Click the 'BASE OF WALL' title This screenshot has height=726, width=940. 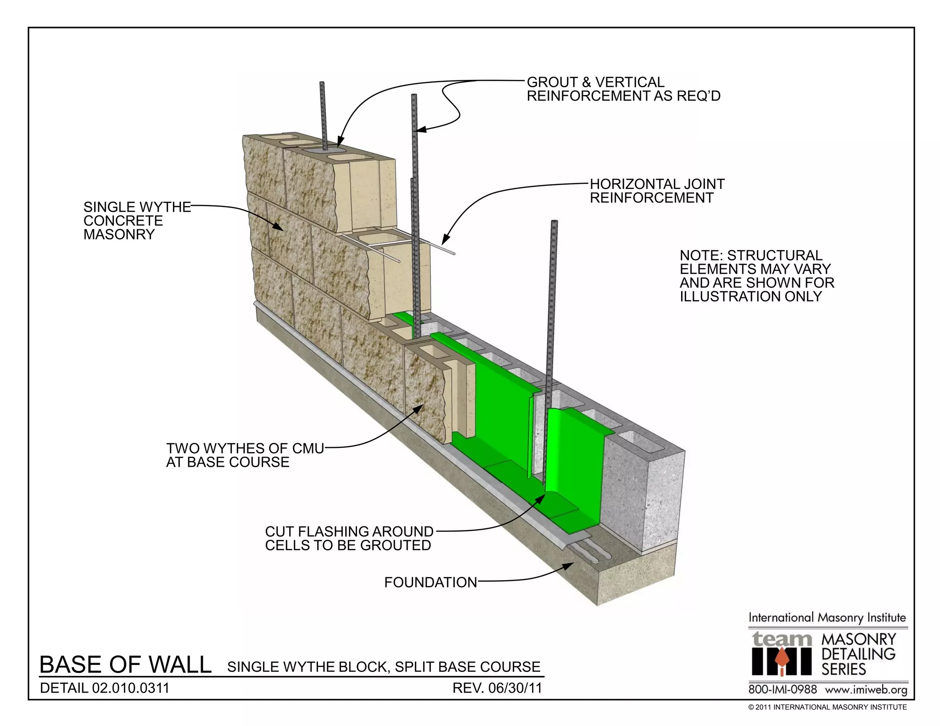pyautogui.click(x=125, y=665)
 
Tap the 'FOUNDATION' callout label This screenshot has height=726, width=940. pyautogui.click(x=431, y=582)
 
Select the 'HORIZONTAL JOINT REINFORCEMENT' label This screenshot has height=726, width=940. pyautogui.click(x=657, y=191)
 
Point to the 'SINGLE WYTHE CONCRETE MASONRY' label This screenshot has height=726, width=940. pyautogui.click(x=137, y=221)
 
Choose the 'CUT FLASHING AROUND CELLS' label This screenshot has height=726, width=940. pyautogui.click(x=349, y=538)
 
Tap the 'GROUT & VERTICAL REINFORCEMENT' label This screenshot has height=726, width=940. pyautogui.click(x=623, y=89)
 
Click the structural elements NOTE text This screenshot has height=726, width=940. pyautogui.click(x=756, y=276)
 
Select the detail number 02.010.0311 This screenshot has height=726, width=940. pyautogui.click(x=105, y=688)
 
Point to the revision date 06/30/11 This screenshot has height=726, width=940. pyautogui.click(x=497, y=688)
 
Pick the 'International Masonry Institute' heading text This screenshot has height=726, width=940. pyautogui.click(x=827, y=618)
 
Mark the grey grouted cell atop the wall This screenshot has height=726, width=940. pyautogui.click(x=324, y=150)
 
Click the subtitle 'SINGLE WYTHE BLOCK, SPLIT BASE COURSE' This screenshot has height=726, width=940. pyautogui.click(x=384, y=667)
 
